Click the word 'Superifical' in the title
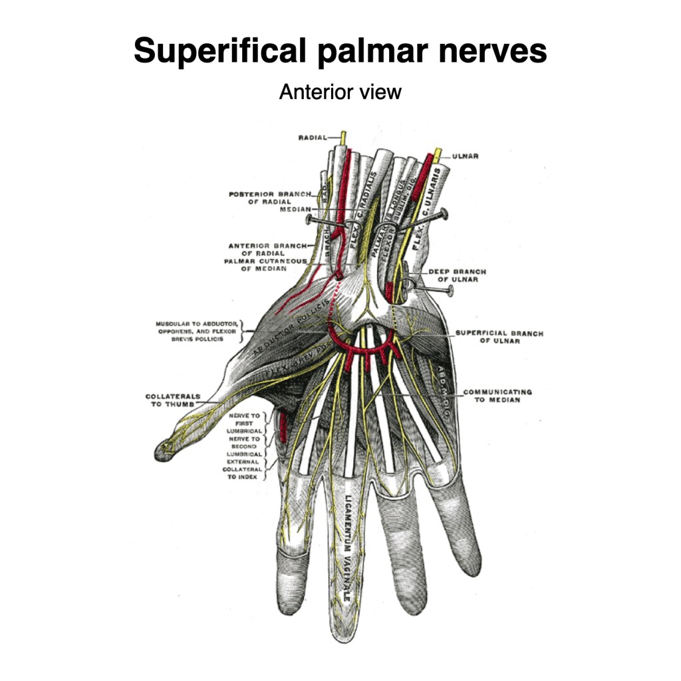(x=220, y=51)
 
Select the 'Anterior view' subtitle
(x=340, y=91)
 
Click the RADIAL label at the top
(x=313, y=138)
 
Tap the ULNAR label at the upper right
(x=466, y=157)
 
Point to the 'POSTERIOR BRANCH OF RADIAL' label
(x=270, y=198)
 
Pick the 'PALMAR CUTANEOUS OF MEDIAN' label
(x=265, y=265)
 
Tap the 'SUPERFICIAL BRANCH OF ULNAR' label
(x=499, y=337)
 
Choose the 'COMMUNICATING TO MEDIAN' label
(x=497, y=396)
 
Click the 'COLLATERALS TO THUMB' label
(x=173, y=400)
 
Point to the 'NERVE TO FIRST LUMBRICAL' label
(x=244, y=423)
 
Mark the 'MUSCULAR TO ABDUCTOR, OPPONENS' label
(x=197, y=331)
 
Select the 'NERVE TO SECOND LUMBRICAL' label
(x=244, y=446)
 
